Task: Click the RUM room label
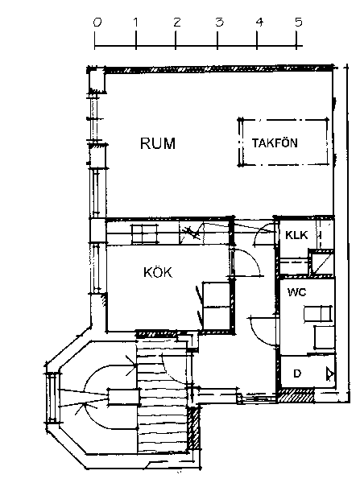[x=158, y=143]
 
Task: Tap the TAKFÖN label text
[x=275, y=143]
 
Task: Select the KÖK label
[x=158, y=272]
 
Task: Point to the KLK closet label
[x=296, y=235]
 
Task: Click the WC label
[x=297, y=292]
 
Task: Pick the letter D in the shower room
[x=297, y=374]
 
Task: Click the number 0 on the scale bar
[x=97, y=23]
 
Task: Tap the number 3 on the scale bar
[x=219, y=23]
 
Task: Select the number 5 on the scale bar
[x=298, y=22]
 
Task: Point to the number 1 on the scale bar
[x=135, y=23]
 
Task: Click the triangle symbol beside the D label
[x=330, y=374]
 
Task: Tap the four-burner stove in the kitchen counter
[x=145, y=234]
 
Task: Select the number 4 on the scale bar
[x=259, y=23]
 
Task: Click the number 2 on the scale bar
[x=176, y=23]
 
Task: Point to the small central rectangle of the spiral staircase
[x=123, y=397]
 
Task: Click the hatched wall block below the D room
[x=296, y=395]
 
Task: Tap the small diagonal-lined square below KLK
[x=321, y=263]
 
